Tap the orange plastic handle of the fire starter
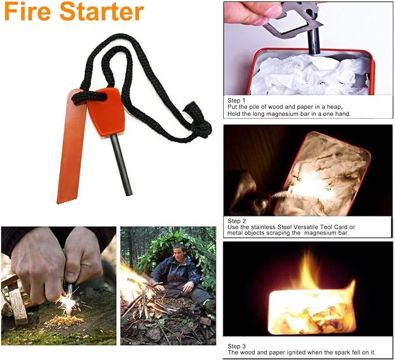pyautogui.click(x=108, y=112)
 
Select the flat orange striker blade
pyautogui.click(x=72, y=145)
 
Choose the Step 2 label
pyautogui.click(x=237, y=220)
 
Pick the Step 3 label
pyautogui.click(x=237, y=346)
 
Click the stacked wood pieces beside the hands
pyautogui.click(x=16, y=302)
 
